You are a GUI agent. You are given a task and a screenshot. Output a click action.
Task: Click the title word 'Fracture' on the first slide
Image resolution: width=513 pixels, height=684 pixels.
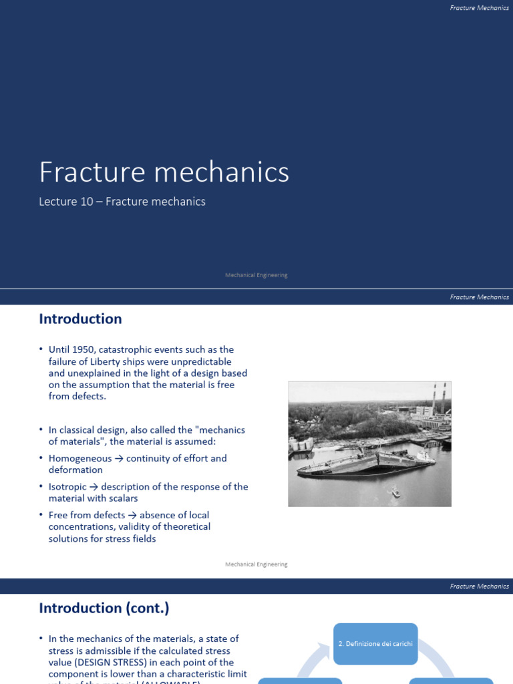(90, 172)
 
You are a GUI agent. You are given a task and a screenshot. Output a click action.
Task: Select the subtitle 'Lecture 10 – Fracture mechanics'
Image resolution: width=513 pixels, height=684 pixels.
(122, 201)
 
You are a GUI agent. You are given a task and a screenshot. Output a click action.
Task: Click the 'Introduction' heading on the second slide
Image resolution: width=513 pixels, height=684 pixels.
(80, 319)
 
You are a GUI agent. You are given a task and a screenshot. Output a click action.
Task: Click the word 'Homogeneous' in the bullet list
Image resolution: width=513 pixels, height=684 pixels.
(80, 458)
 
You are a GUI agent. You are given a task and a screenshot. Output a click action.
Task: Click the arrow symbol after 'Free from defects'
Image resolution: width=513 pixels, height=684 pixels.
(131, 515)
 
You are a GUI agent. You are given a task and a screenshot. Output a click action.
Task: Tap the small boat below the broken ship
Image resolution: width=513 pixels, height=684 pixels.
(395, 493)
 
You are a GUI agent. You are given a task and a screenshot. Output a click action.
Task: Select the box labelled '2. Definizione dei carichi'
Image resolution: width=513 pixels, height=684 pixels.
(375, 644)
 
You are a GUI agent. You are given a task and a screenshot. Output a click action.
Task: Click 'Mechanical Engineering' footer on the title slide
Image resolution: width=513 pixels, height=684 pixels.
(256, 275)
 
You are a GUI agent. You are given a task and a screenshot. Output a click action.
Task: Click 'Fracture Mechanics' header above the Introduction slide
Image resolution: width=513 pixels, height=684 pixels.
(479, 297)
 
